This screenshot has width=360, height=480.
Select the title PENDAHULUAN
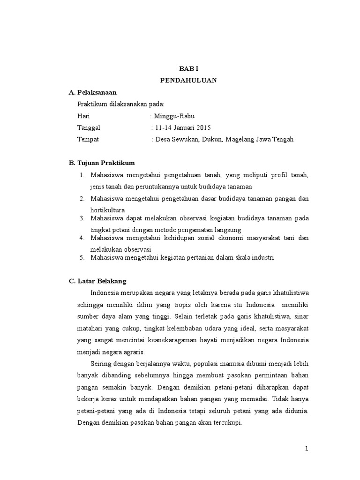(188, 80)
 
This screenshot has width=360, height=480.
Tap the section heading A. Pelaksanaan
(92, 92)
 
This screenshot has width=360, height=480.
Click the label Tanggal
(89, 127)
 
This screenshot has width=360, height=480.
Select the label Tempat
(88, 139)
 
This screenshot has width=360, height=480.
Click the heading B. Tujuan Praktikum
(102, 163)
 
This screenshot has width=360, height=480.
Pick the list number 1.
(81, 175)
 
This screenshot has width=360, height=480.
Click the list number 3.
(81, 218)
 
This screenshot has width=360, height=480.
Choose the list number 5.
(81, 257)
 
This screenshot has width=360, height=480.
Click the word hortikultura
(108, 210)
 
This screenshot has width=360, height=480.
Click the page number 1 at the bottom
(307, 449)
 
